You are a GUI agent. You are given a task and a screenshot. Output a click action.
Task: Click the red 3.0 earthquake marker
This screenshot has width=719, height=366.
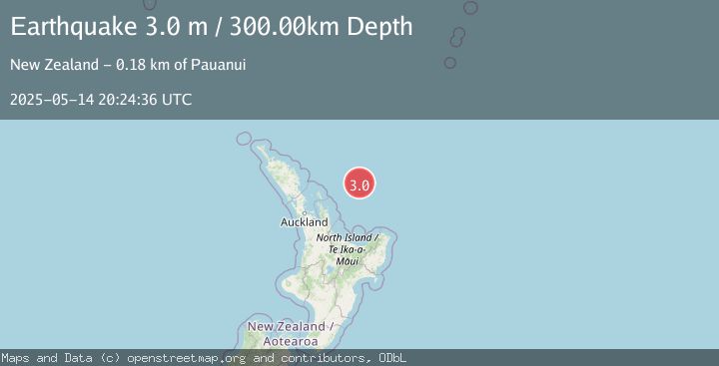(x=359, y=183)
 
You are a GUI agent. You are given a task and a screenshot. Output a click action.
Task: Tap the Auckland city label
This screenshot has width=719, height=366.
(x=305, y=221)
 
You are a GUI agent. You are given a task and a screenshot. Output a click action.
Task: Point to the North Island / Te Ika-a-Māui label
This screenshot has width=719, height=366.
(x=347, y=249)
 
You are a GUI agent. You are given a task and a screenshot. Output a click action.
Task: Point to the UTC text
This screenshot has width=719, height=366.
(x=176, y=100)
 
